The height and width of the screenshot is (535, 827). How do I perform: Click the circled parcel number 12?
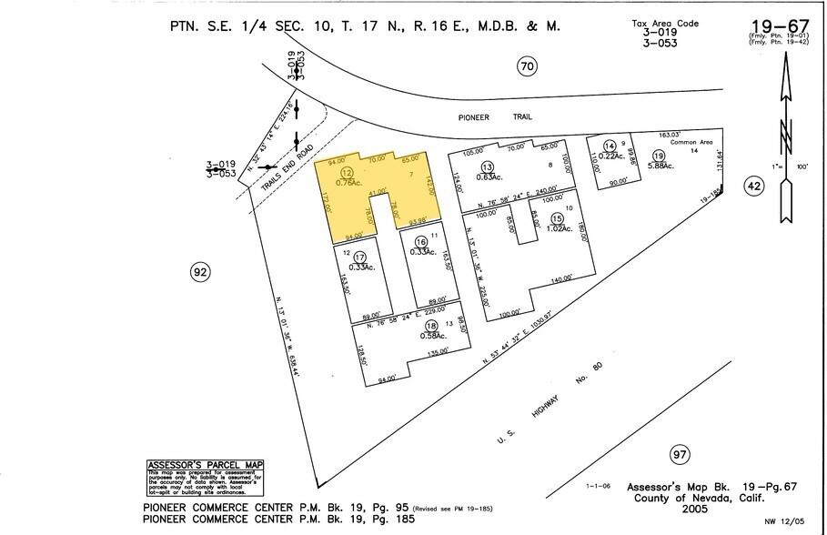(x=346, y=172)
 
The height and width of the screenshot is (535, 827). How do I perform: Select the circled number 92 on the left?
(x=201, y=270)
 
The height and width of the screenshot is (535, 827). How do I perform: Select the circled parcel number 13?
(x=488, y=167)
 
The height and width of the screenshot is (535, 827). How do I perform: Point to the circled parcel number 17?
(x=360, y=257)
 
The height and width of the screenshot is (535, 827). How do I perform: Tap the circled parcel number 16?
(x=420, y=241)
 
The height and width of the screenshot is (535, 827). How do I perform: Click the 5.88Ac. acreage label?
(x=660, y=166)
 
